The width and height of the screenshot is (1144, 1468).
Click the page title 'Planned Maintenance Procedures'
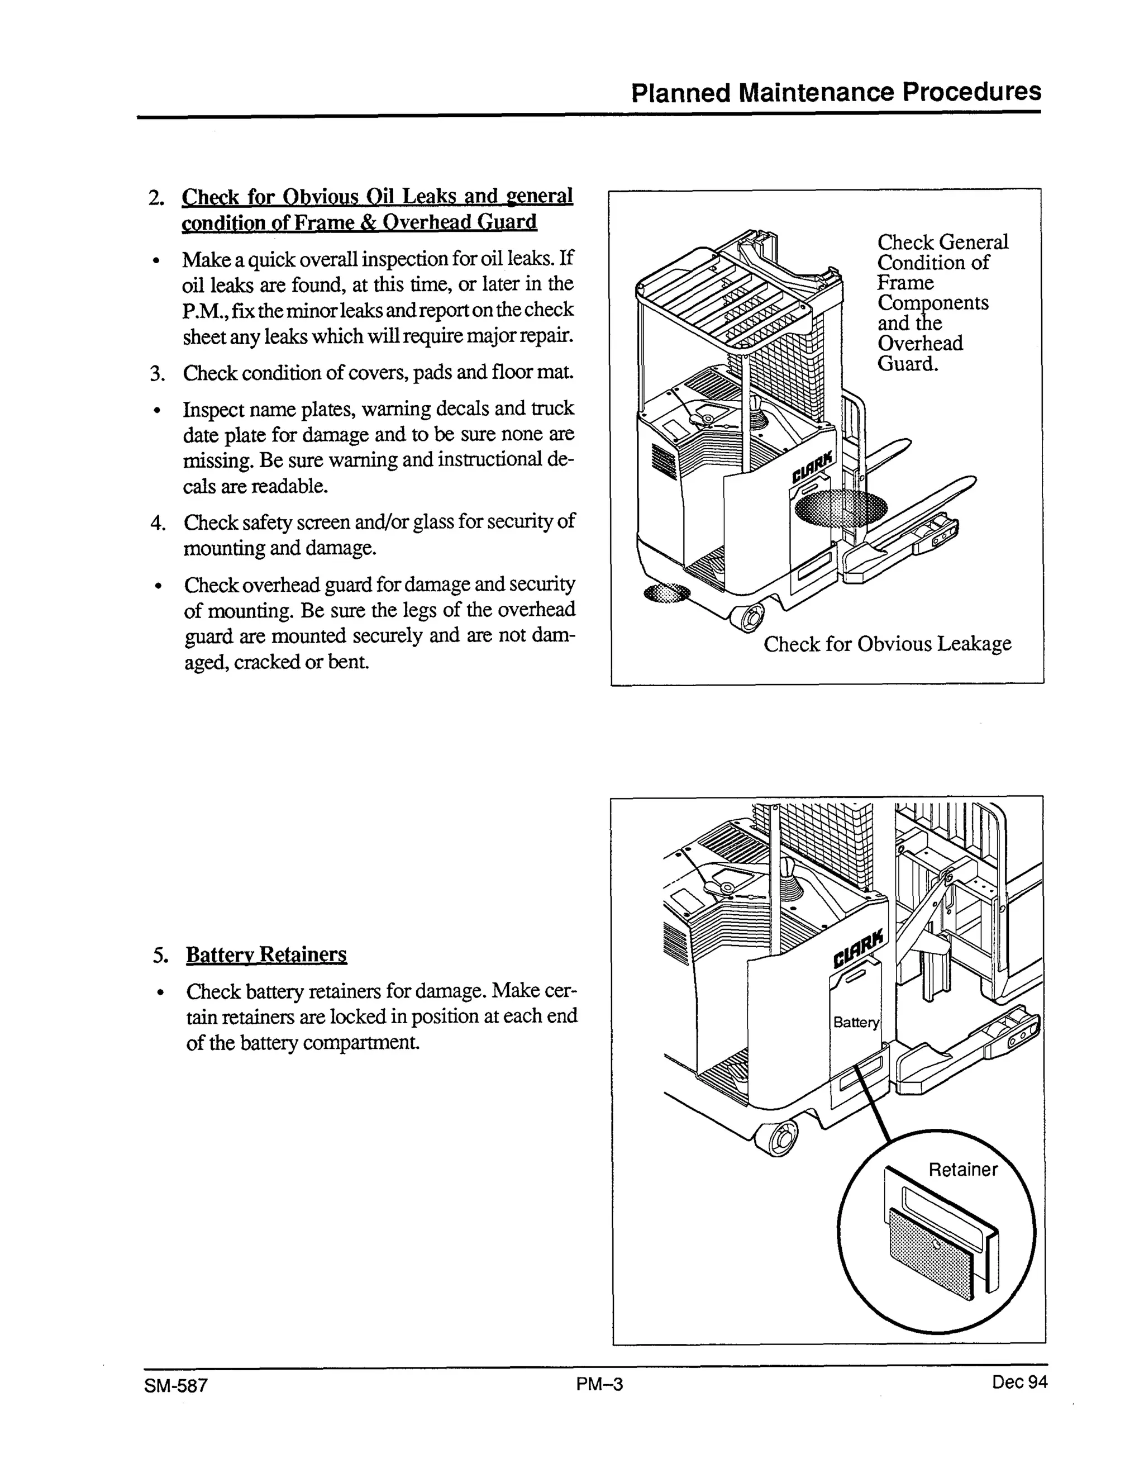[836, 92]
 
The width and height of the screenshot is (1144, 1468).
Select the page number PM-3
[600, 1384]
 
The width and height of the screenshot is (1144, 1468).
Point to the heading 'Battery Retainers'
[266, 954]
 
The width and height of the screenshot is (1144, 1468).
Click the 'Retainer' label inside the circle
[962, 1170]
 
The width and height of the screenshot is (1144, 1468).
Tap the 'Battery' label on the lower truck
[855, 1023]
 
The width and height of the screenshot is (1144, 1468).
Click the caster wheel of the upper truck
[750, 615]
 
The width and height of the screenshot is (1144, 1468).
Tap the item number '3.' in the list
[158, 374]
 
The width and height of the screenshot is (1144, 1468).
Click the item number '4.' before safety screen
[158, 523]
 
